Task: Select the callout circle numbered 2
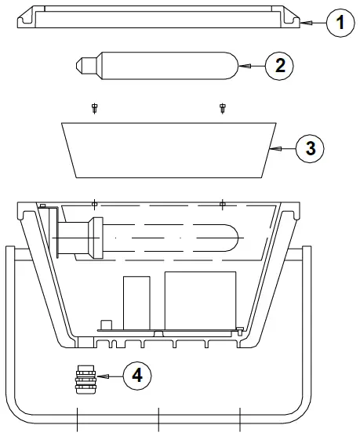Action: [x=279, y=66]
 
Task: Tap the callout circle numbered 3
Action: [x=310, y=147]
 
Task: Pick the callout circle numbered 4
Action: [x=137, y=376]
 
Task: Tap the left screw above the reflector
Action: [x=94, y=108]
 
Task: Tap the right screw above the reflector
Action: [x=222, y=108]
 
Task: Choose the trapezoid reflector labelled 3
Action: [x=169, y=150]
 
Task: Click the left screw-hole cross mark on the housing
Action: [x=94, y=204]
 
